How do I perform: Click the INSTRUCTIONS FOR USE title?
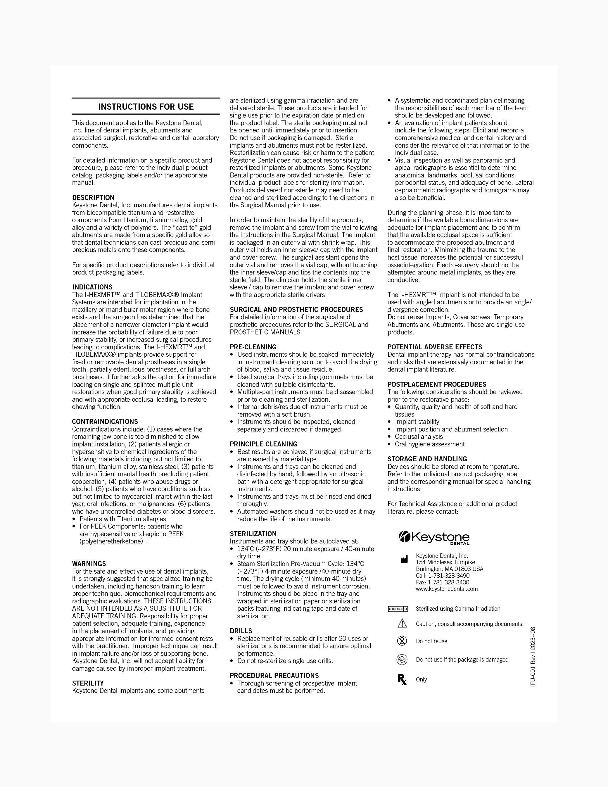point(146,107)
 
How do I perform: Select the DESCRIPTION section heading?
point(93,197)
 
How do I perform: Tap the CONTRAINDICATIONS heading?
point(105,421)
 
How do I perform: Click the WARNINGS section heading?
point(89,563)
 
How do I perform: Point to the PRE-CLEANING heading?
point(253,347)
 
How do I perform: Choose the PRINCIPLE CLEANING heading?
point(263,444)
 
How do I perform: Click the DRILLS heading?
point(241,631)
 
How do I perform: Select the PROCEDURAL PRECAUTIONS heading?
point(274,675)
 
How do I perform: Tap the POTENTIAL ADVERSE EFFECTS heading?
point(435,347)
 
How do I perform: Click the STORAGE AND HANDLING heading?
point(427,459)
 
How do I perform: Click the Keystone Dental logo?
point(434,538)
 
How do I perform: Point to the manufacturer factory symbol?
point(404,559)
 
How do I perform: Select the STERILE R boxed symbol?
point(398,609)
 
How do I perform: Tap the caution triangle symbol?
point(402,623)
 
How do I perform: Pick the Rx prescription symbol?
point(402,680)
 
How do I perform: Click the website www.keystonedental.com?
point(447,589)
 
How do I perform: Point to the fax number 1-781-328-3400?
point(443,582)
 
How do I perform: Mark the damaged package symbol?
point(402,660)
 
